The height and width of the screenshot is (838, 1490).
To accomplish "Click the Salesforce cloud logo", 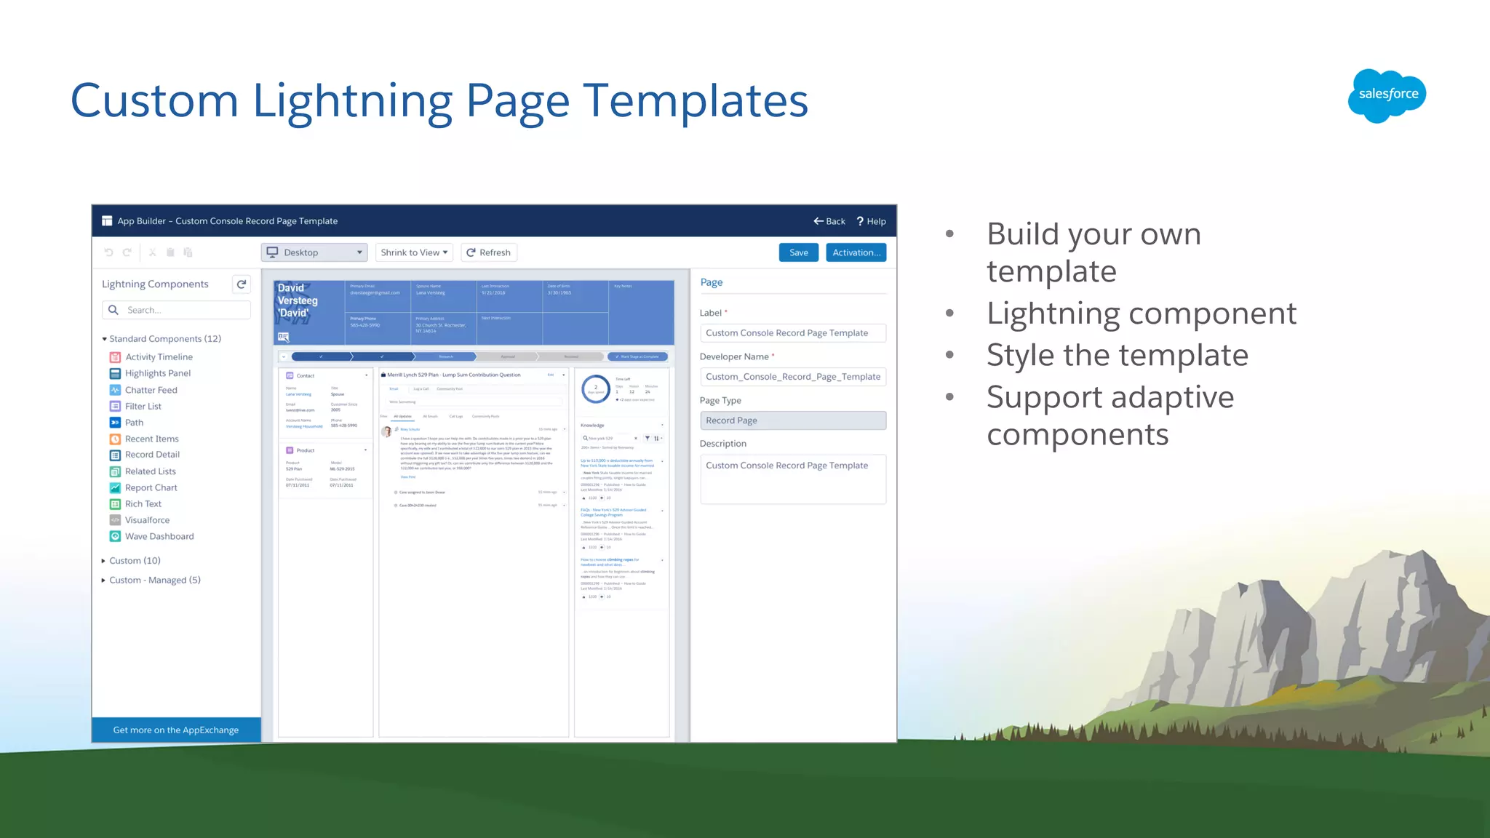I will point(1387,95).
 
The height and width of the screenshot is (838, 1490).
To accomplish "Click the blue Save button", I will point(798,252).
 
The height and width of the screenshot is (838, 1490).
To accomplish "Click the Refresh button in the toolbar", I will point(489,252).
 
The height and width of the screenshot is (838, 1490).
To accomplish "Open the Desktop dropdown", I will point(314,252).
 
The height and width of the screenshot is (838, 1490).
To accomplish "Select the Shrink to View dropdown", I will point(414,252).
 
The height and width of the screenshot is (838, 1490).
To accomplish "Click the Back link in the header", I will point(829,221).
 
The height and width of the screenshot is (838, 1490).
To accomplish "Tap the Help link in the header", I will point(871,221).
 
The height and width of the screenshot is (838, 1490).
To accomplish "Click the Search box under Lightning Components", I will point(177,310).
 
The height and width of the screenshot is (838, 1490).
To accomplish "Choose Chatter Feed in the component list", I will point(151,390).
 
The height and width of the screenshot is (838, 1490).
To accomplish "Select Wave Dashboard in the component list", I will point(159,536).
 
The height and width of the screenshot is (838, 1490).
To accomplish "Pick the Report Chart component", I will point(151,487).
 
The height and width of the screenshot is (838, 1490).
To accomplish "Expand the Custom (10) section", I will point(134,560).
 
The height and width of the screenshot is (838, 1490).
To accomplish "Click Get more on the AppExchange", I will point(176,730).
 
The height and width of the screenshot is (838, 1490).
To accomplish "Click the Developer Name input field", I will point(792,377).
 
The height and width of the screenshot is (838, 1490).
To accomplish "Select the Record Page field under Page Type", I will point(792,420).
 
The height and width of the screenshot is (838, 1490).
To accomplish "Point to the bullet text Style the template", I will point(1117,355).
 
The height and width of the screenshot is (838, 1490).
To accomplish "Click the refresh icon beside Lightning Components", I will point(242,284).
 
